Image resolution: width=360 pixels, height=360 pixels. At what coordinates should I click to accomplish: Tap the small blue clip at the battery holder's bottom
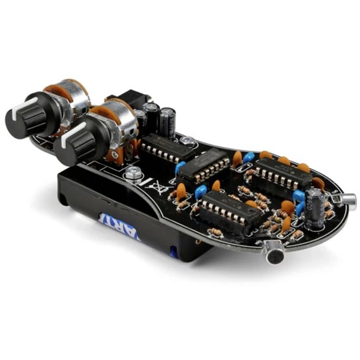pyautogui.click(x=174, y=252)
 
